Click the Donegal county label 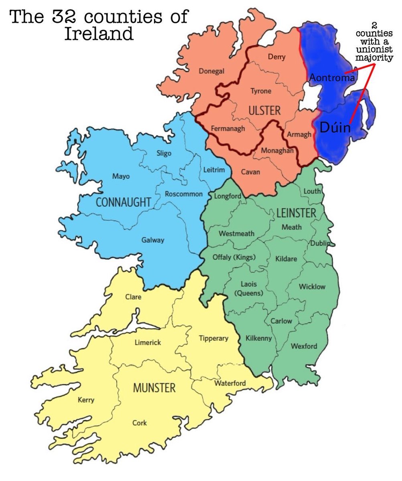(211, 71)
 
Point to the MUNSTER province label (154, 388)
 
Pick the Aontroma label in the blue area (332, 78)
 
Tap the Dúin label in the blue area (335, 128)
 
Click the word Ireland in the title (99, 33)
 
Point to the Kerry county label (86, 400)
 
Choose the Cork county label (140, 423)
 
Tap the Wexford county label (304, 346)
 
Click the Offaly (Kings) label (234, 257)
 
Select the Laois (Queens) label (249, 289)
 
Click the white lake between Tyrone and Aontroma (308, 99)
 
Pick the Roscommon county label (184, 194)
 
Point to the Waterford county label (230, 383)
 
